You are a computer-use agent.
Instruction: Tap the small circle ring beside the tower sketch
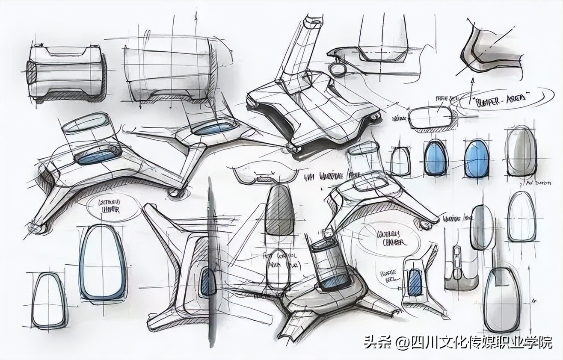(x=341, y=69)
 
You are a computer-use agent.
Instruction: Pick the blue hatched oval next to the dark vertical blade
(x=207, y=282)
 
